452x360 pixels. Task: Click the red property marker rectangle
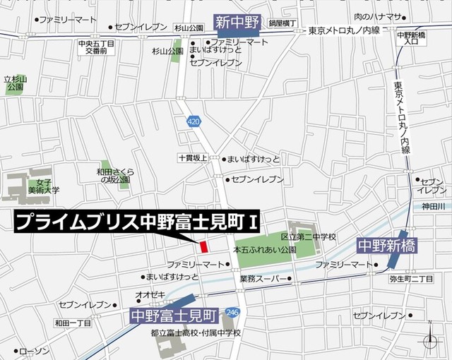203,247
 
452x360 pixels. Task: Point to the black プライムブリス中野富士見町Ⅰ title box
138,222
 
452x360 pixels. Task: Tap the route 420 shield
194,122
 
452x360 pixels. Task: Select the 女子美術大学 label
44,186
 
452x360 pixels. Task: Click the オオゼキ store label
150,294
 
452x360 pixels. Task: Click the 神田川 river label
433,206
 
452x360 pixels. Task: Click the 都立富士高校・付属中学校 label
196,332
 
